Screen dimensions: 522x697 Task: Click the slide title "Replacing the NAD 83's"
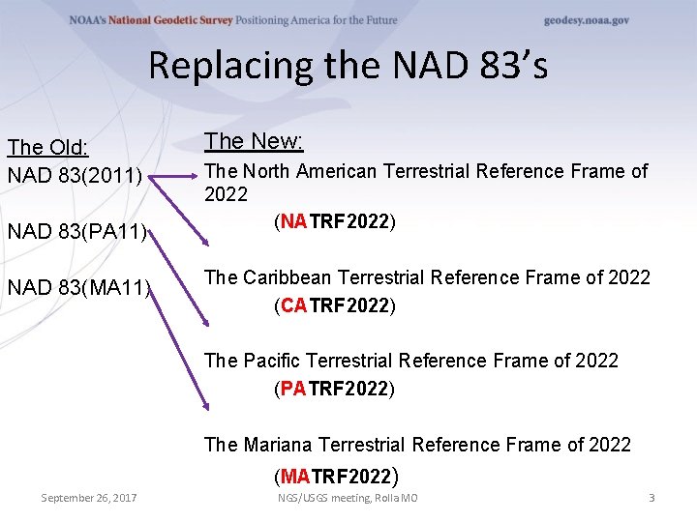(348, 66)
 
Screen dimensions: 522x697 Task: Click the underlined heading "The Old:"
(48, 148)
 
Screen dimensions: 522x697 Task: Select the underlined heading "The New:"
(255, 142)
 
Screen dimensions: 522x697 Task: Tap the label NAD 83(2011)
(76, 176)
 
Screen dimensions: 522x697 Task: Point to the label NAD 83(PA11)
(77, 233)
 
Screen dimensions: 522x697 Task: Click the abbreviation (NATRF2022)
(335, 222)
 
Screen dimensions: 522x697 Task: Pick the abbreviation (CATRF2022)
(335, 306)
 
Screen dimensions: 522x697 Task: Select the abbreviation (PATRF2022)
(335, 390)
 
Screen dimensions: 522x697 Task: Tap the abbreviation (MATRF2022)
(336, 475)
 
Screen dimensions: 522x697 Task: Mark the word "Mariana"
(278, 446)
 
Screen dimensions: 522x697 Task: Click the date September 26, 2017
(89, 498)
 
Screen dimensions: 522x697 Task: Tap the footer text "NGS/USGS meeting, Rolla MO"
(348, 498)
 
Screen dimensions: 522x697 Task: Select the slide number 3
(652, 498)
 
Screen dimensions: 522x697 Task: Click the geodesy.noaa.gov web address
(587, 20)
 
